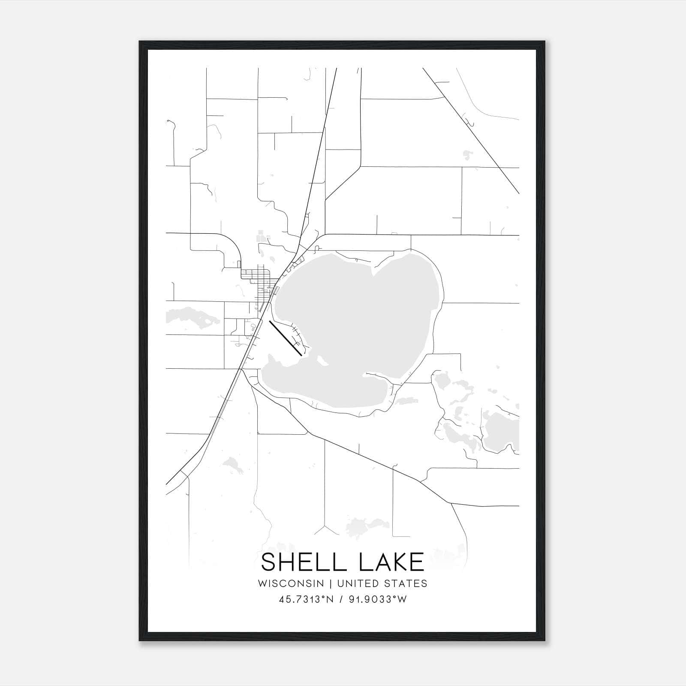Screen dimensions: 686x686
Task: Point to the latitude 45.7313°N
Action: [306, 599]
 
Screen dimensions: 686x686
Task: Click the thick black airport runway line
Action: [285, 338]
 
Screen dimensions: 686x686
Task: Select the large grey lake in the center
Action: [356, 326]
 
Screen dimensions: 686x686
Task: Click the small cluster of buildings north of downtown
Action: [262, 236]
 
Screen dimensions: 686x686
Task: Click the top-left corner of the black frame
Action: [140, 42]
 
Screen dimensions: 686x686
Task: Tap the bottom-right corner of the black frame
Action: [545, 641]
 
